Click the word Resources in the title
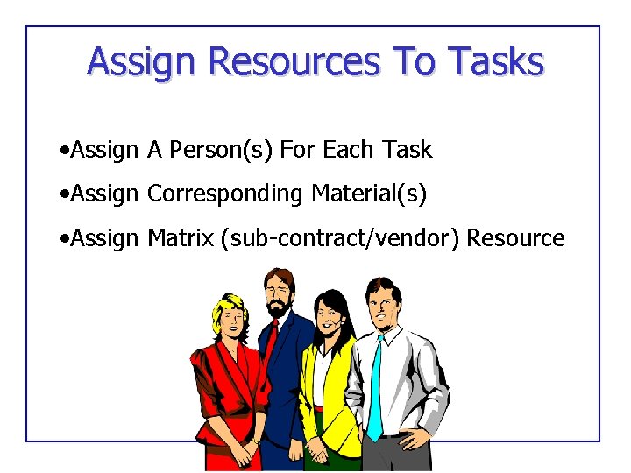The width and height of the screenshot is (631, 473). click(x=294, y=62)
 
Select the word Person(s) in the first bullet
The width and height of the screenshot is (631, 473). click(x=221, y=150)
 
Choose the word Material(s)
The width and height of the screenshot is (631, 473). click(x=369, y=194)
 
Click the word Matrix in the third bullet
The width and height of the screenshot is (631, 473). click(x=181, y=237)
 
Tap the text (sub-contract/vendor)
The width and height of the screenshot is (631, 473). click(x=341, y=237)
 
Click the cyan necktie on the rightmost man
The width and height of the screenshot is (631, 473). click(x=375, y=385)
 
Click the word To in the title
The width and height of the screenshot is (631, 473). click(x=414, y=62)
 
